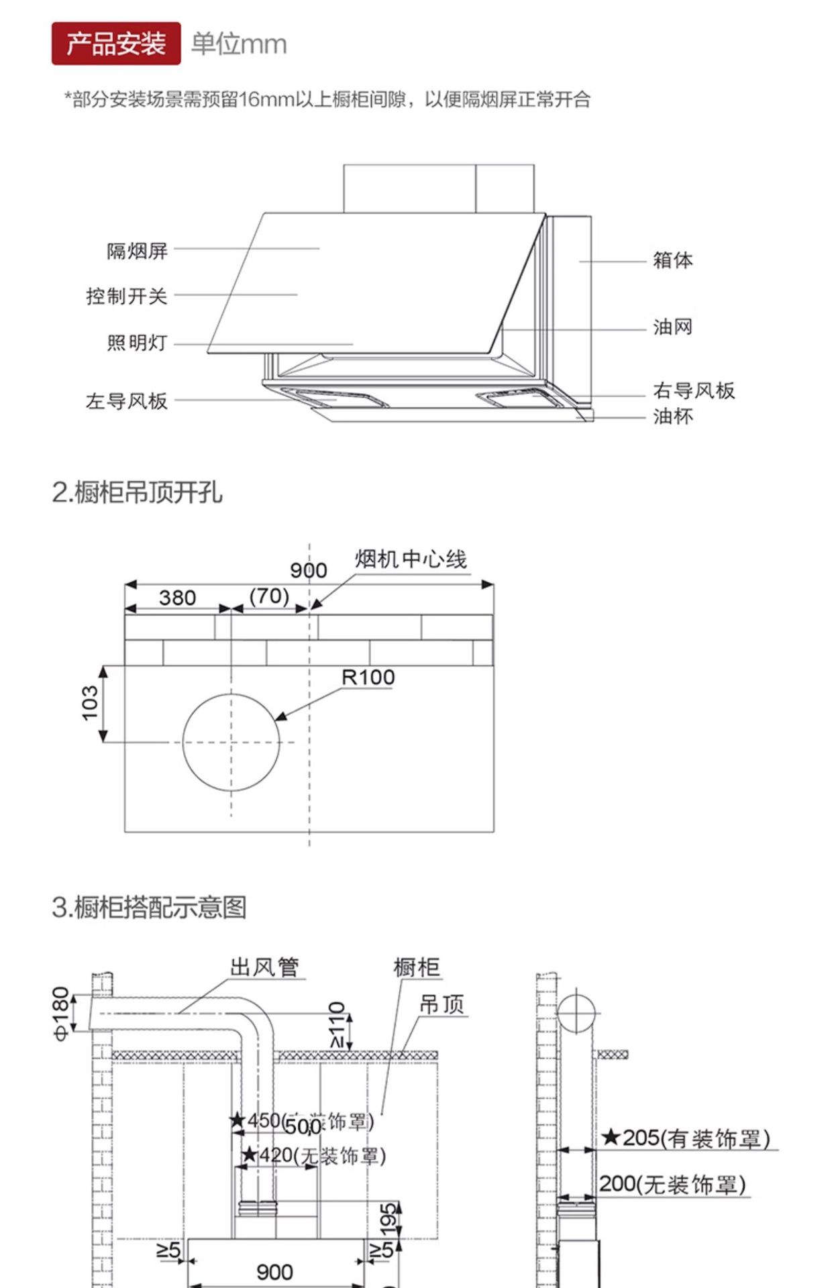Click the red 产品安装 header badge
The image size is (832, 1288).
coord(116,44)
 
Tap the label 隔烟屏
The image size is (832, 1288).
coord(137,251)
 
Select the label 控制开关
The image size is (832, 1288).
coord(126,296)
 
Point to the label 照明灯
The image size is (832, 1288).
coord(137,343)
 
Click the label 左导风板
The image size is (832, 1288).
coord(126,401)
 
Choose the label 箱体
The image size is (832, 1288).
coord(672,260)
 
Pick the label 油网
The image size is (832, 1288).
coord(672,327)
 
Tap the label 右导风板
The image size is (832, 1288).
coord(694,390)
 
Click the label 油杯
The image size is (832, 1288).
coord(672,417)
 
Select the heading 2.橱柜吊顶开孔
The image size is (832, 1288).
coord(137,492)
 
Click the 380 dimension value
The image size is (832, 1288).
coord(177,597)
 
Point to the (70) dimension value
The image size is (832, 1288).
coord(269,596)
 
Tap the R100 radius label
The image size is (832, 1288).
coord(368,678)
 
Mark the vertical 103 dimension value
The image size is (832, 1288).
coord(90,703)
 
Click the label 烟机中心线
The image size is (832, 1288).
coord(411,559)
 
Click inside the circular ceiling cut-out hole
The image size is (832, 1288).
coord(231,742)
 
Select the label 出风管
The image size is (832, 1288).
coord(264,967)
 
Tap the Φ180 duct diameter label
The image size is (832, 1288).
coord(61,1013)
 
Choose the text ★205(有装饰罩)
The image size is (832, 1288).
coord(685,1138)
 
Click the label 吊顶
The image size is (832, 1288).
coord(441,1004)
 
